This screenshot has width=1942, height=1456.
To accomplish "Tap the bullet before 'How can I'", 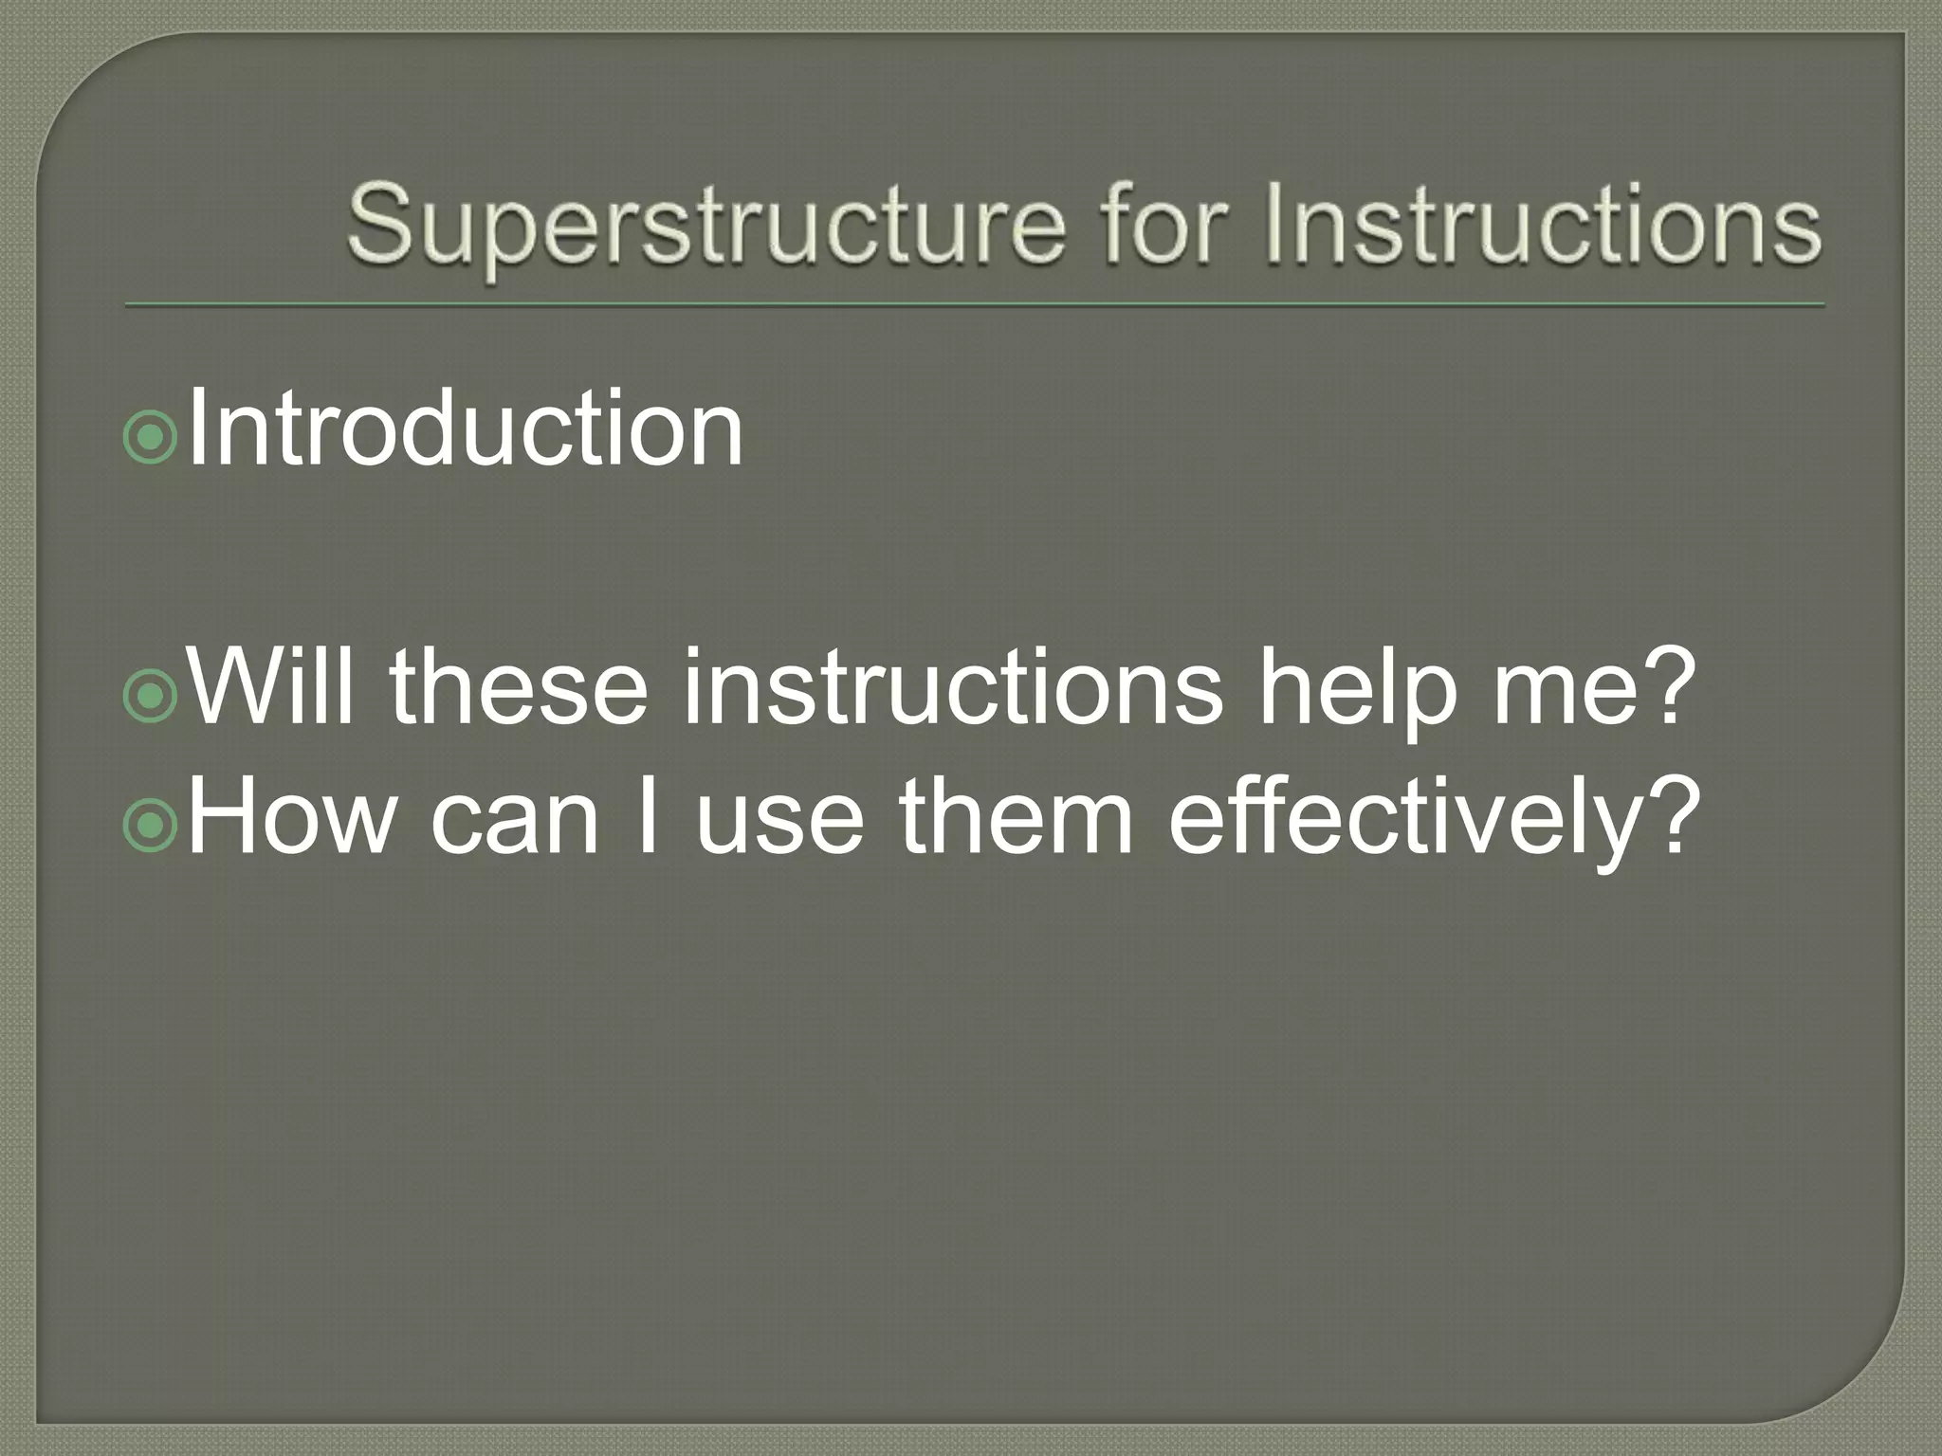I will point(150,825).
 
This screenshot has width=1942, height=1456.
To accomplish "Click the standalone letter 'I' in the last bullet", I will point(648,816).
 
